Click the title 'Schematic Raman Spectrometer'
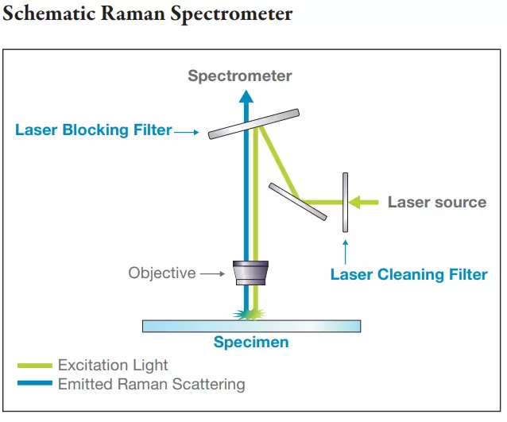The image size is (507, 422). click(147, 14)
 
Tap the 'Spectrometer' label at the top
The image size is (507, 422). click(239, 76)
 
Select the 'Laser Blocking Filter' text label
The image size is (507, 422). click(93, 130)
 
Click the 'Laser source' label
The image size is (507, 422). click(436, 202)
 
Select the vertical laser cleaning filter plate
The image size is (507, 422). click(345, 202)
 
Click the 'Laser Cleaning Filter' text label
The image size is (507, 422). click(408, 275)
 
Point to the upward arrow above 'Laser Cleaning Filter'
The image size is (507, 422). click(345, 250)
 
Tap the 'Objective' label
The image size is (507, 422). click(161, 273)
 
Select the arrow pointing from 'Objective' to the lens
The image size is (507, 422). click(213, 273)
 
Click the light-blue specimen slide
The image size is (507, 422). click(251, 326)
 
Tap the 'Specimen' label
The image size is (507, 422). click(251, 343)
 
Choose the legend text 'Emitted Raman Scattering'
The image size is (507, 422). click(151, 385)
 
